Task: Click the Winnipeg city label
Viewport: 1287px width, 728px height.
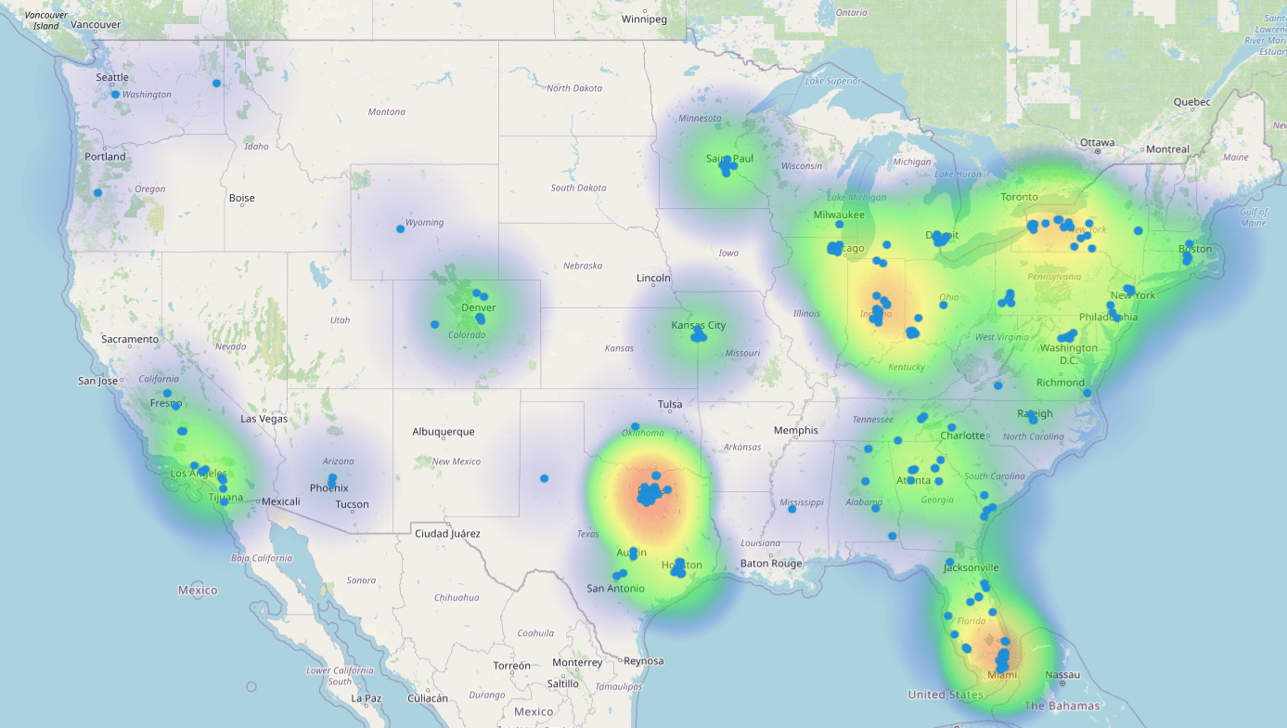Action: tap(645, 19)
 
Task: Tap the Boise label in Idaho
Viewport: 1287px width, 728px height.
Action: tap(241, 198)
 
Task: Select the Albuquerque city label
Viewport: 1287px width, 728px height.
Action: tap(443, 432)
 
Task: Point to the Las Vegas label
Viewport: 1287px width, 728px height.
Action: tap(264, 419)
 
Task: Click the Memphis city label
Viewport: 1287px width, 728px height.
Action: tap(796, 430)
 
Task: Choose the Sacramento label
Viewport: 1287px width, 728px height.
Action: tap(130, 339)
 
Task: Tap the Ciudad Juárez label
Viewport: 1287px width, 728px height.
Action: tap(447, 533)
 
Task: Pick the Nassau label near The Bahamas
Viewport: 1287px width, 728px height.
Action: tap(1062, 674)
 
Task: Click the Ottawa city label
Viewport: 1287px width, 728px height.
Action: tap(1097, 142)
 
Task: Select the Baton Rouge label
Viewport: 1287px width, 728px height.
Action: tap(771, 564)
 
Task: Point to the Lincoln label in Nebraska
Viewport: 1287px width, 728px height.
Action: tap(653, 279)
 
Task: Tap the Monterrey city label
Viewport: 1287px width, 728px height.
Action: tap(577, 663)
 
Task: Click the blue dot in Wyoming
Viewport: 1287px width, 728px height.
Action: tap(400, 228)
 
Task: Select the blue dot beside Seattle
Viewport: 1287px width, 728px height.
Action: tap(115, 95)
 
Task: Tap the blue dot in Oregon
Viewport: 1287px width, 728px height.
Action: tap(97, 193)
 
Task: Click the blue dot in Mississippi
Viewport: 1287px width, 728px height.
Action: tap(792, 509)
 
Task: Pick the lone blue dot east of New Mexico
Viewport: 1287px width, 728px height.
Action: tap(545, 479)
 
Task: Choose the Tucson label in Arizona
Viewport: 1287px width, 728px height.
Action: tap(352, 505)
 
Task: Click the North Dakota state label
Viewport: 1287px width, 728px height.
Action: tap(574, 88)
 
